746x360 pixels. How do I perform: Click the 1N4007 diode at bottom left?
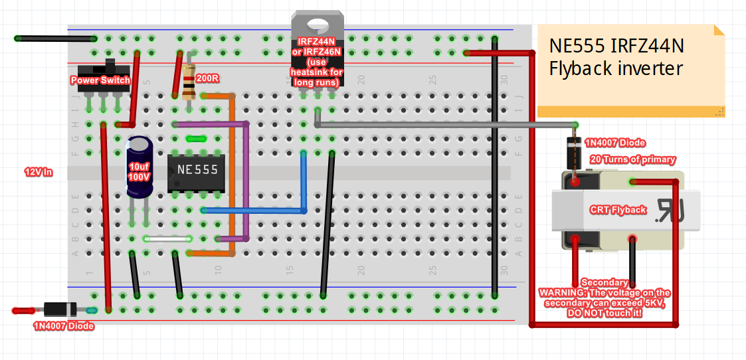click(x=61, y=310)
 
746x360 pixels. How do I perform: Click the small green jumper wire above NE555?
click(x=195, y=139)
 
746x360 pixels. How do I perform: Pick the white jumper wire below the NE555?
click(x=167, y=238)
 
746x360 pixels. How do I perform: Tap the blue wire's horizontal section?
click(x=252, y=211)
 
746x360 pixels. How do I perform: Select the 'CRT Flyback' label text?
click(x=618, y=210)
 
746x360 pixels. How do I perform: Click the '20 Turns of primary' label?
click(x=633, y=159)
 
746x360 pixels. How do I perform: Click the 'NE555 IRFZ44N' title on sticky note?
click(x=616, y=46)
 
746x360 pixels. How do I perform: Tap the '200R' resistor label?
click(x=208, y=79)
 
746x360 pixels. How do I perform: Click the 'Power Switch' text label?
click(x=100, y=80)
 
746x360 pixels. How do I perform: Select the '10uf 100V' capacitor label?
click(x=140, y=171)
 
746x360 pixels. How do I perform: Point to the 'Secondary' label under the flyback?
click(x=604, y=283)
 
